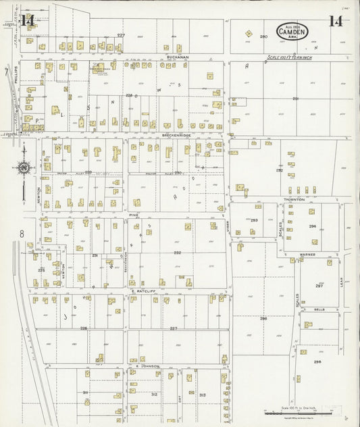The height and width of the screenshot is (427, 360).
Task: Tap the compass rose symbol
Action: point(24,167)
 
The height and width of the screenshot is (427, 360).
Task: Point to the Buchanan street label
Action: point(178,57)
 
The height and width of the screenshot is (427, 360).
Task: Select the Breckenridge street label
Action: point(176,135)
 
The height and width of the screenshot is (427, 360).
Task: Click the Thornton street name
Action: point(294,199)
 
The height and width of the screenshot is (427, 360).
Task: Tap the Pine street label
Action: point(134,214)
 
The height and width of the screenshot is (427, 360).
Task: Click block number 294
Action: point(312,226)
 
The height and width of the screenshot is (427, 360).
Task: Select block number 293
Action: point(254,220)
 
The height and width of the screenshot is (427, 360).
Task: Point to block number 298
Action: point(317,361)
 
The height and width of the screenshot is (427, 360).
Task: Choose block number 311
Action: point(86,392)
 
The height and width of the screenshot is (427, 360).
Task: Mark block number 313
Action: point(201,395)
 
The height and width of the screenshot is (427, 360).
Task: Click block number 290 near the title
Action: point(263,36)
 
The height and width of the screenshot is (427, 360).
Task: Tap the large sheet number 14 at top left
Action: point(28,20)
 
